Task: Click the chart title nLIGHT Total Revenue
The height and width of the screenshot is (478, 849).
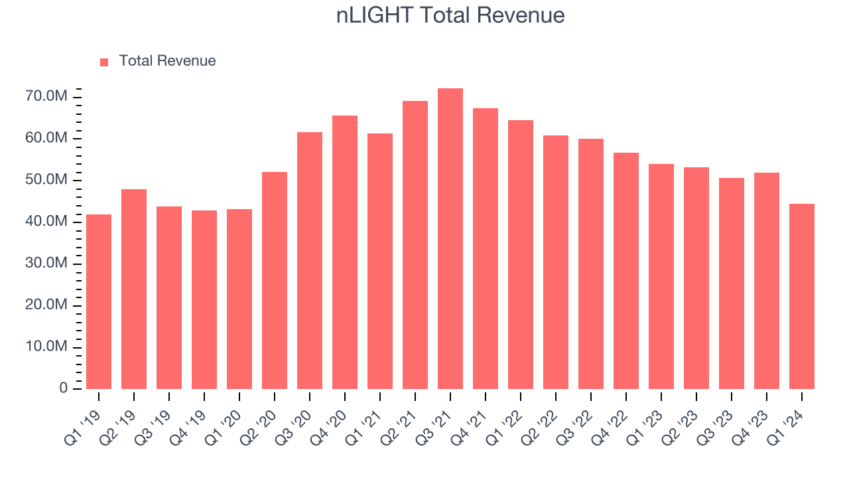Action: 450,15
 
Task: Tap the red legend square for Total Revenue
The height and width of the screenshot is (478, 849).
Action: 104,62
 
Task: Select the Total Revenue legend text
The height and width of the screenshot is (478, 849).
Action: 167,61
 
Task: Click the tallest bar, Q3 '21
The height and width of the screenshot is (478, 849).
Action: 450,239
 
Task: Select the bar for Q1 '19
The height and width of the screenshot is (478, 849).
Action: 99,302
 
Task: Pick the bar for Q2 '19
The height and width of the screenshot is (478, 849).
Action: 134,289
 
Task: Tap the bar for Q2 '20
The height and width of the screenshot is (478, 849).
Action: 275,281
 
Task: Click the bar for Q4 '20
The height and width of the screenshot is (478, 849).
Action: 345,252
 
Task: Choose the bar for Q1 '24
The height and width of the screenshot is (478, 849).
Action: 802,297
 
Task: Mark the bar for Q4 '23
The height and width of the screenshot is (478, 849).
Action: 767,281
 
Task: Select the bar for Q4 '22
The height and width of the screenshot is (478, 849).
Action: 626,271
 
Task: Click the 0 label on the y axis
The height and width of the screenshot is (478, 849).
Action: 64,388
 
